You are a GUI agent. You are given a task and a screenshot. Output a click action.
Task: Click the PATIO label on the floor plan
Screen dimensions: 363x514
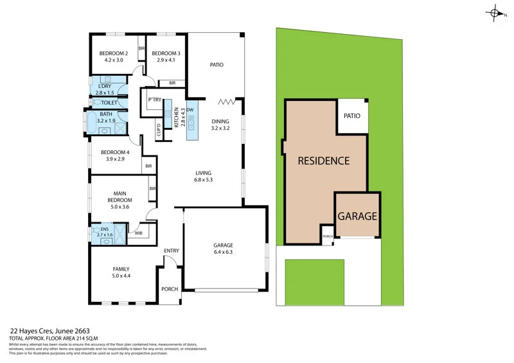217,65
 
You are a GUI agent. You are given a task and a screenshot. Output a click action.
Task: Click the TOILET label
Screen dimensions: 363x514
109,103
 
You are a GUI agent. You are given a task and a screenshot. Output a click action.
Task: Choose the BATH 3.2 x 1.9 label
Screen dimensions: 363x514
105,117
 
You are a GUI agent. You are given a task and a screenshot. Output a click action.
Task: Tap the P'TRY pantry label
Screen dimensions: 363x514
154,100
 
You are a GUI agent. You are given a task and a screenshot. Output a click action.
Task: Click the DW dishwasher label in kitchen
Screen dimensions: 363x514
190,110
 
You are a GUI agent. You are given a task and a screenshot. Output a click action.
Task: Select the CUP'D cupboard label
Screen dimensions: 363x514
159,130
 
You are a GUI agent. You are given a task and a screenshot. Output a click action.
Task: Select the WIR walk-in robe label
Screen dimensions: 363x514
138,234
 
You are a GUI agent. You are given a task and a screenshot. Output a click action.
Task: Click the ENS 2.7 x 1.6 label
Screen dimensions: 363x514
104,233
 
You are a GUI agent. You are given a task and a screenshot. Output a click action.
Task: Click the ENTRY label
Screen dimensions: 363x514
172,251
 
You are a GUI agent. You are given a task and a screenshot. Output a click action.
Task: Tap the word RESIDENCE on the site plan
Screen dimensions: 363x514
323,161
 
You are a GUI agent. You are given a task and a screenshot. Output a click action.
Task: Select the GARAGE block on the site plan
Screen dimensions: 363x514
357,217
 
